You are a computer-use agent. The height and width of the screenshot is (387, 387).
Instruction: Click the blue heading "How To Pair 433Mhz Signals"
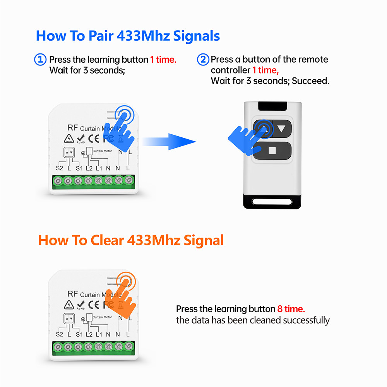(x=128, y=36)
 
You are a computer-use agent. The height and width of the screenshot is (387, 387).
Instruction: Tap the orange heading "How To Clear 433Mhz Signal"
(x=131, y=240)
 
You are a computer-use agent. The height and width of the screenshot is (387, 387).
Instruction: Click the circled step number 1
(x=40, y=60)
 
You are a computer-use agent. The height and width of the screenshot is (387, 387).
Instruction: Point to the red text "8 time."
(x=291, y=309)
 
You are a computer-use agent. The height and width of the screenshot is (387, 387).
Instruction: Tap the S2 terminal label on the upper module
(x=59, y=168)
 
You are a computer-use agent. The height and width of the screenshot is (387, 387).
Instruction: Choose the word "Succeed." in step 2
(x=310, y=81)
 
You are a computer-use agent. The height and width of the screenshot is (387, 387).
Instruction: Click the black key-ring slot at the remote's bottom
(x=272, y=202)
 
